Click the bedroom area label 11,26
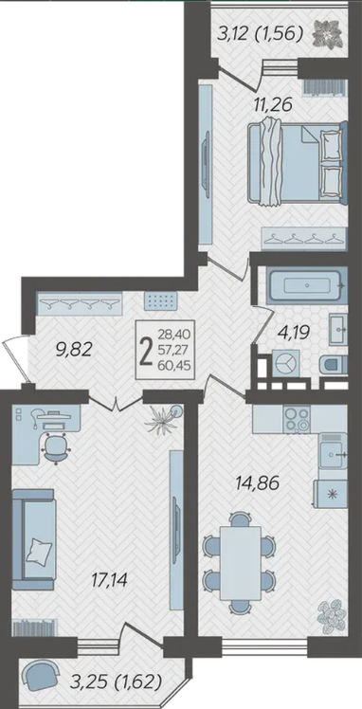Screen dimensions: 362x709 (273, 104)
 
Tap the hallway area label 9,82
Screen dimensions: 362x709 (74, 349)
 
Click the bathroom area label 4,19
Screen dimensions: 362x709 (294, 334)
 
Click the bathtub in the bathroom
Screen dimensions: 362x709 (307, 285)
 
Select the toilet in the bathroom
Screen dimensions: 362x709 (335, 365)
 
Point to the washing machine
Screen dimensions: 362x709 (285, 363)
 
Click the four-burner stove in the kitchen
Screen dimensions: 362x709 (297, 419)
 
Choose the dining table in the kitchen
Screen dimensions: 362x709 (241, 563)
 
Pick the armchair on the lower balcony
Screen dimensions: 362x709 (40, 675)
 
